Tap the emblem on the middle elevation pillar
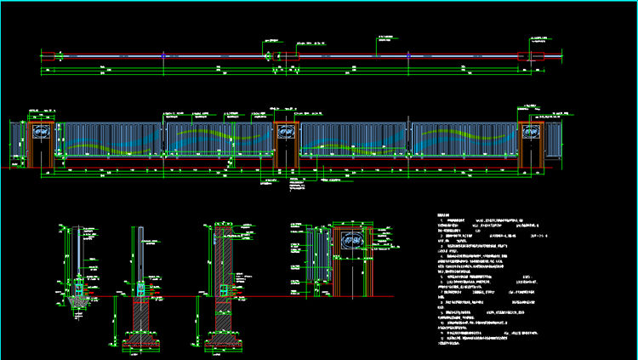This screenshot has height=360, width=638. click(287, 132)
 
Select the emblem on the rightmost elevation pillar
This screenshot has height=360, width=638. click(532, 132)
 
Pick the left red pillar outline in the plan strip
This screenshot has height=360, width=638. click(49, 56)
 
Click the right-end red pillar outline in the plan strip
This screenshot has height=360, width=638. click(525, 56)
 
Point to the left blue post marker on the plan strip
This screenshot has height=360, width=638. click(163, 56)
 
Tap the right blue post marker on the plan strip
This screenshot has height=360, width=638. click(409, 56)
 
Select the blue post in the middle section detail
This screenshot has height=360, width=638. click(140, 255)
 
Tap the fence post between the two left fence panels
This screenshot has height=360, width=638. click(163, 140)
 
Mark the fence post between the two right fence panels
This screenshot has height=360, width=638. click(409, 140)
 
